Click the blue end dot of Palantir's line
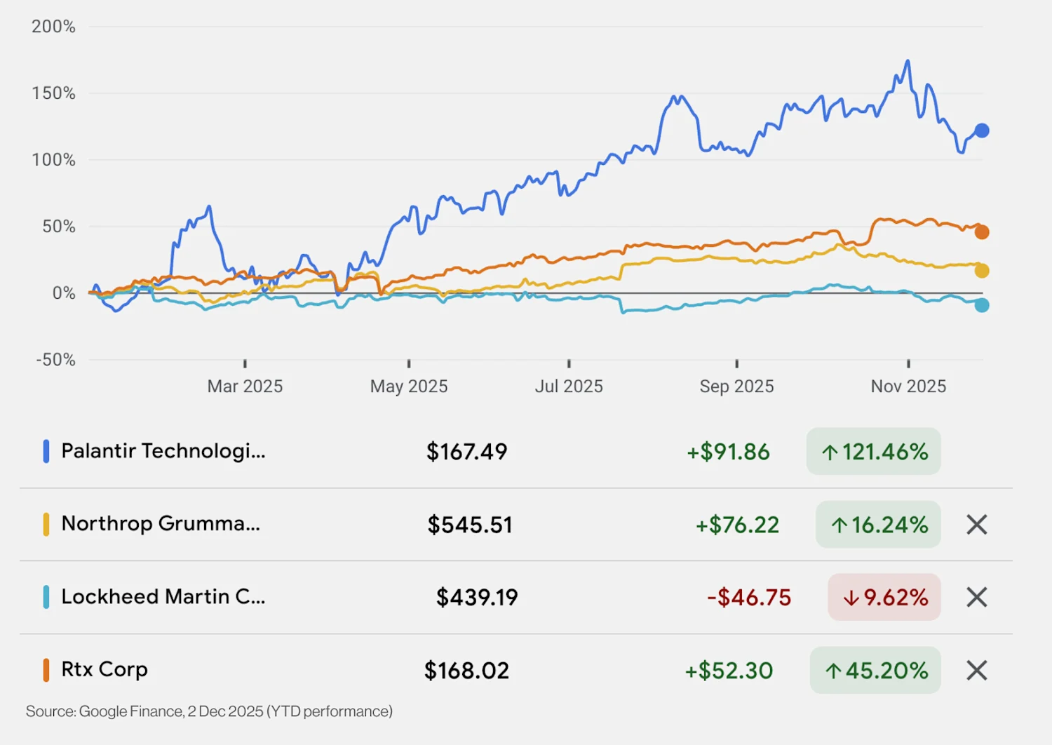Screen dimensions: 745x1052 982,130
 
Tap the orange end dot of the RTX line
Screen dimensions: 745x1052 982,232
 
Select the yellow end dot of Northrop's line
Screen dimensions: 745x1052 982,271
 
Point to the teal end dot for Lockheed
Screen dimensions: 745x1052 982,305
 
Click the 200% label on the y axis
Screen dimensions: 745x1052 53,27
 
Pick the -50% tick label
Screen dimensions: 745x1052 55,360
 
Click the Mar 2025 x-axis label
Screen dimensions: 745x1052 245,387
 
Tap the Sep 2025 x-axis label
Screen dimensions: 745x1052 736,387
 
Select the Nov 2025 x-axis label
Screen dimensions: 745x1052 908,387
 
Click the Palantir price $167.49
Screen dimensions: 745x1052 466,452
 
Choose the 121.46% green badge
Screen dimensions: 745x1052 873,452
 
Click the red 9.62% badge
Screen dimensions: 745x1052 884,598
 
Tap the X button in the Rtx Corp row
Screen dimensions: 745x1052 977,671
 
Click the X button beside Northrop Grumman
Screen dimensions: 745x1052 977,525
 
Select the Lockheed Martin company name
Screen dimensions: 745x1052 163,597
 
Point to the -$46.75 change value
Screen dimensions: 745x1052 749,598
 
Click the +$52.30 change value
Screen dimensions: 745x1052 729,671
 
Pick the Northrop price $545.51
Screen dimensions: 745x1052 470,525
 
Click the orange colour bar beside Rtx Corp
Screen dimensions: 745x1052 46,670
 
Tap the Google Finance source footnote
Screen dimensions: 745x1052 209,711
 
